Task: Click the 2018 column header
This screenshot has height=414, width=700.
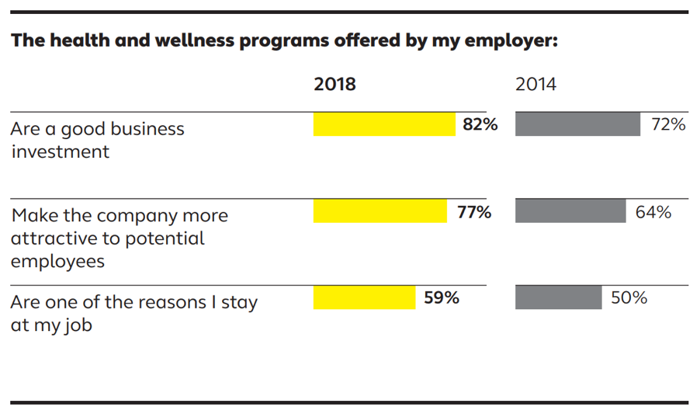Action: coord(334,85)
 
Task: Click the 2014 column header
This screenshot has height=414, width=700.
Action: coord(535,85)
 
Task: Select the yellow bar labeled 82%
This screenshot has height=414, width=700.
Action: coord(384,124)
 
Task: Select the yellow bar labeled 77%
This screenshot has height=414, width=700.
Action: coord(380,211)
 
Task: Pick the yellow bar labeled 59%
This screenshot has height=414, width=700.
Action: coord(364,297)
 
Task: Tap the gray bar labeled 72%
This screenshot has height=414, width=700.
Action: coord(577,124)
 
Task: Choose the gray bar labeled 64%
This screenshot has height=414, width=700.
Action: coord(570,211)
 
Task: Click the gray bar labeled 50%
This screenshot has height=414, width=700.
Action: coord(558,297)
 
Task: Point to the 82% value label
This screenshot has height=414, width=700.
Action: coord(480,124)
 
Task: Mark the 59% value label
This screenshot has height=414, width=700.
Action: coord(442,297)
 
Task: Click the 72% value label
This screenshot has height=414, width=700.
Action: coord(668,124)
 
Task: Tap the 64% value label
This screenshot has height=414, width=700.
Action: coord(653,211)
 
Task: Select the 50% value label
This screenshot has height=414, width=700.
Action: coord(629,297)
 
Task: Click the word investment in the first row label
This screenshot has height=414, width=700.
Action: coord(60,151)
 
